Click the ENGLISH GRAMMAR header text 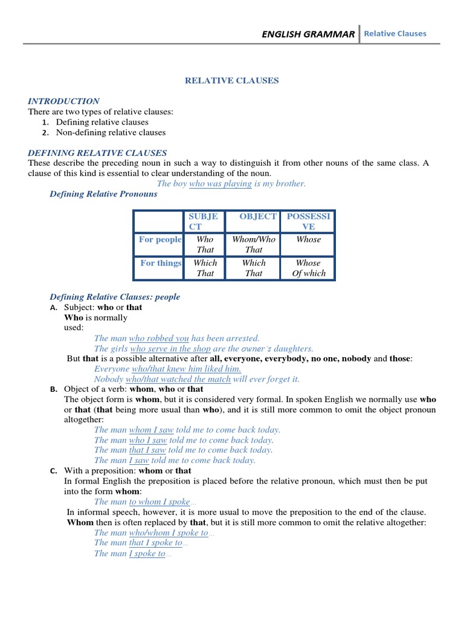(308, 34)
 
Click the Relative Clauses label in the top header (395, 34)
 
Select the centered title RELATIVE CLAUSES (231, 80)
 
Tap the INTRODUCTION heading (64, 102)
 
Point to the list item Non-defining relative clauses (111, 132)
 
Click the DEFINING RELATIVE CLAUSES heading (97, 153)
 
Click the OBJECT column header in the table (258, 216)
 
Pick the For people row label (160, 239)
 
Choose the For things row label (161, 263)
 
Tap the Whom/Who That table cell (254, 244)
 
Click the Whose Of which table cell (308, 268)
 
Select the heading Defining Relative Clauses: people (115, 297)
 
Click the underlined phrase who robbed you (159, 339)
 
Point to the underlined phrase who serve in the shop (170, 349)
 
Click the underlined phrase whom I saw (151, 430)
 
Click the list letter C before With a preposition (53, 471)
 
